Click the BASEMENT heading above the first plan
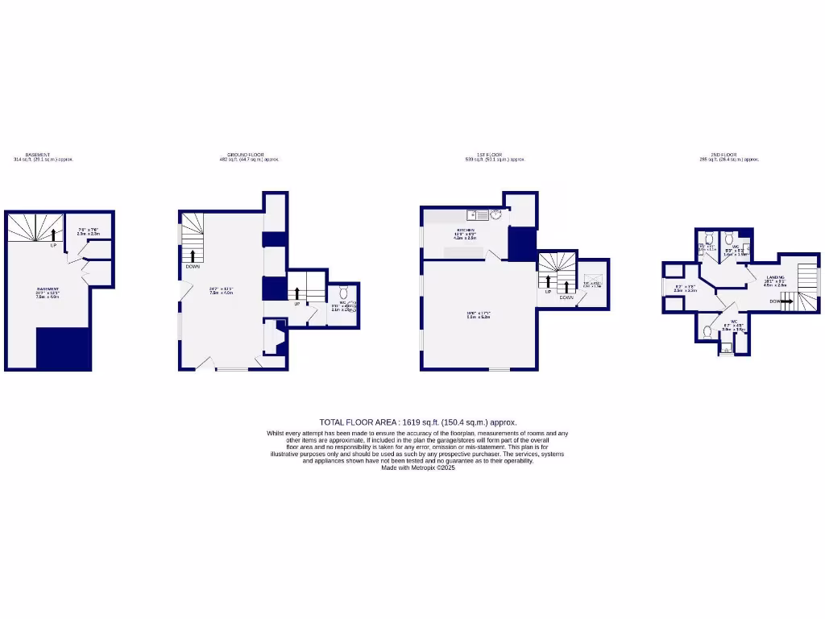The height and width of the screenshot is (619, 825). tap(38, 155)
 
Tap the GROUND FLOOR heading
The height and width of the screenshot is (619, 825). tap(245, 155)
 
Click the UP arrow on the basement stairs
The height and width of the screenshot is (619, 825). tap(54, 235)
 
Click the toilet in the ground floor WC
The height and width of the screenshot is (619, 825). tap(343, 292)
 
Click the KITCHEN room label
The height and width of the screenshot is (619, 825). tap(465, 230)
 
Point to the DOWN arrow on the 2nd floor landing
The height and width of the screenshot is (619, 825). tap(786, 301)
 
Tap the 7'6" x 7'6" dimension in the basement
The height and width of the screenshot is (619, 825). tap(89, 230)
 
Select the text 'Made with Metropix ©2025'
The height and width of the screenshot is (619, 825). tap(418, 467)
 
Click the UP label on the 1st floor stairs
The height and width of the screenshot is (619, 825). tap(548, 292)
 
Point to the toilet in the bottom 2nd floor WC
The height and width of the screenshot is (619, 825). tap(707, 330)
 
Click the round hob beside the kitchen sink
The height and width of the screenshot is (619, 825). tap(495, 214)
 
